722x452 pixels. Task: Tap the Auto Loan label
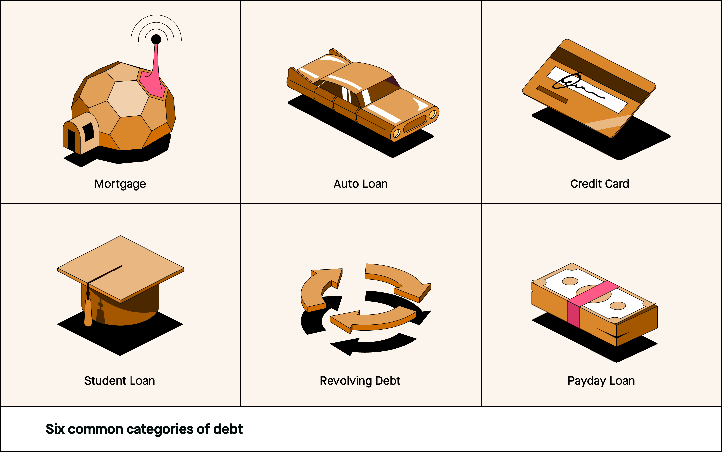tap(361, 184)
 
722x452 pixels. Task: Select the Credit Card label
tap(599, 184)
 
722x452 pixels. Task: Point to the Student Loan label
tap(120, 381)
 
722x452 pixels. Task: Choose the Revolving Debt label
tap(360, 381)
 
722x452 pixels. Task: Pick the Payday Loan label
tap(601, 381)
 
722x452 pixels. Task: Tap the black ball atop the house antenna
tap(156, 39)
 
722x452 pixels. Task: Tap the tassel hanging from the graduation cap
tap(88, 312)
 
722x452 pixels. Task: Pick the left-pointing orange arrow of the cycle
tap(373, 320)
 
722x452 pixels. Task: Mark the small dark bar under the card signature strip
tap(552, 94)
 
